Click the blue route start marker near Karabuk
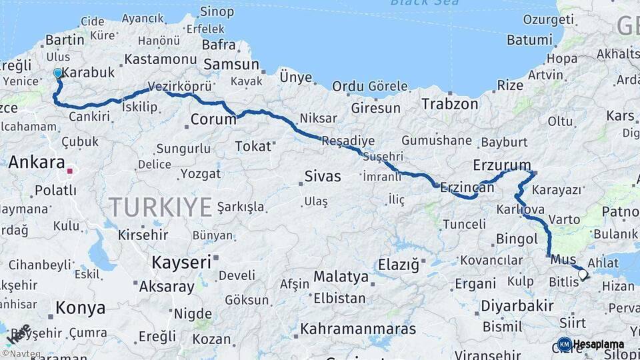pos(58,73)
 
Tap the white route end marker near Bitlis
pos(583,274)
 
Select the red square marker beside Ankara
pos(69,171)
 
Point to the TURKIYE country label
pos(160,207)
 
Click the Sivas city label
pos(323,177)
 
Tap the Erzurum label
pos(502,165)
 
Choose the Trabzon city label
pos(450,104)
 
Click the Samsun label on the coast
pos(231,65)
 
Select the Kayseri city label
pos(181,262)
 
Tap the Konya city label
pos(80,308)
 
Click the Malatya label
pos(341,276)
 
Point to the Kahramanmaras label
pos(358,329)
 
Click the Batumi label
pos(529,40)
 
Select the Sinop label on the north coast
pos(217,11)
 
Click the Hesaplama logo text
pos(598,345)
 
